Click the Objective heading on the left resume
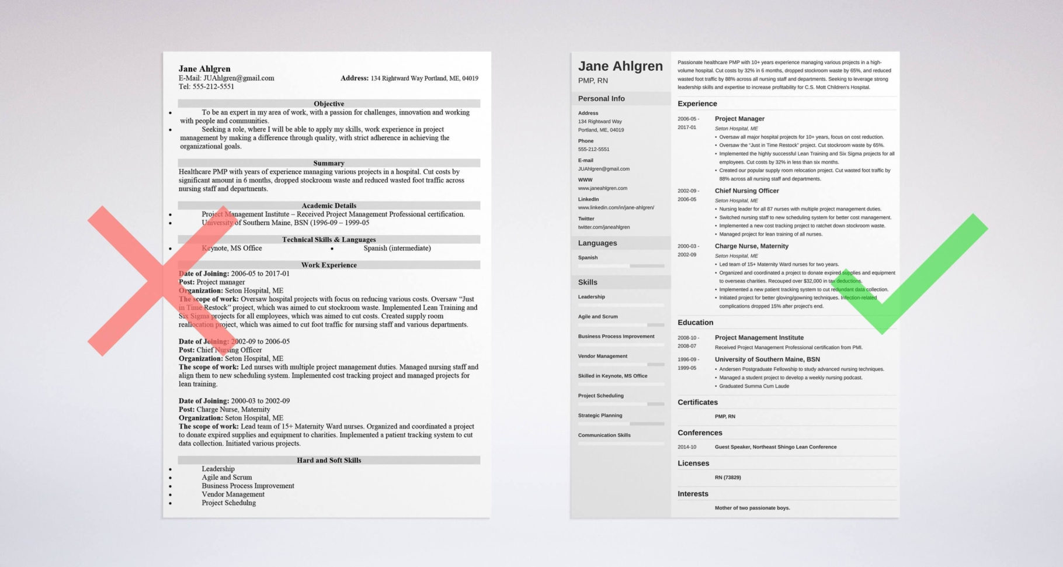(329, 103)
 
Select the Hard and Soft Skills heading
(329, 460)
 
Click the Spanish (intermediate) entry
(397, 248)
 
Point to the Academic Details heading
(329, 205)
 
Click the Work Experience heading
(329, 265)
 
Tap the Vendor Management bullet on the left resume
(233, 494)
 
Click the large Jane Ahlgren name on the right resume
(620, 66)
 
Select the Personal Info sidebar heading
(601, 98)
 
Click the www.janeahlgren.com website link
(602, 188)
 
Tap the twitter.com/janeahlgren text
(603, 227)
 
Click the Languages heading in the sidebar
(597, 243)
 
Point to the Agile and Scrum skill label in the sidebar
(597, 316)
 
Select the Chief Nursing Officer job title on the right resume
(746, 191)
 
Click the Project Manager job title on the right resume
(739, 119)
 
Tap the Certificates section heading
(697, 402)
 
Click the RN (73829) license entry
(728, 478)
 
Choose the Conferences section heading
(700, 433)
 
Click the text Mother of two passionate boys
(752, 508)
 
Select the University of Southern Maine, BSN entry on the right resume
(767, 359)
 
